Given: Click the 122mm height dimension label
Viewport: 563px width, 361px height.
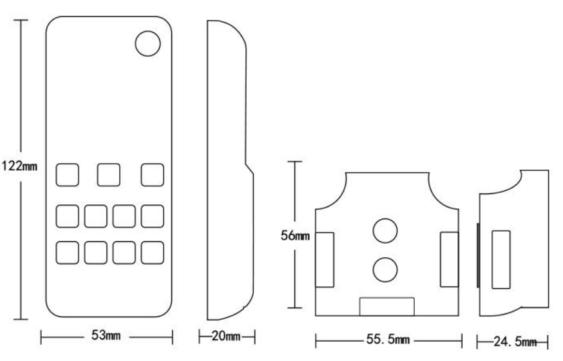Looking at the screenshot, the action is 19,166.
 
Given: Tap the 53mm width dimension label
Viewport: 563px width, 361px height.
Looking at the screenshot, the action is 106,335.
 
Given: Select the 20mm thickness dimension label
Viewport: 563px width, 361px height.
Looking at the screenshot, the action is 226,337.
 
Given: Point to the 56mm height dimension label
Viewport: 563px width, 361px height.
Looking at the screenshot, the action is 295,236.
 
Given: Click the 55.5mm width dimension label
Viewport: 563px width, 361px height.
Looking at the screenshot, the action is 388,340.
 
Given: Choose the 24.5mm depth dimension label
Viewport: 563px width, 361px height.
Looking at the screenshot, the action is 515,342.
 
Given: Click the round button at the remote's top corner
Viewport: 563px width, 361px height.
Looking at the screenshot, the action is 148,43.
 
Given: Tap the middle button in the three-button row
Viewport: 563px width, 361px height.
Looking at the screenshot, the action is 109,175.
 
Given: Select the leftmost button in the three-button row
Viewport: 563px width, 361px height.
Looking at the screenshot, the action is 67,175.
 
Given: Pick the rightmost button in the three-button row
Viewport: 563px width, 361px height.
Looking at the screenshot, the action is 153,175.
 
